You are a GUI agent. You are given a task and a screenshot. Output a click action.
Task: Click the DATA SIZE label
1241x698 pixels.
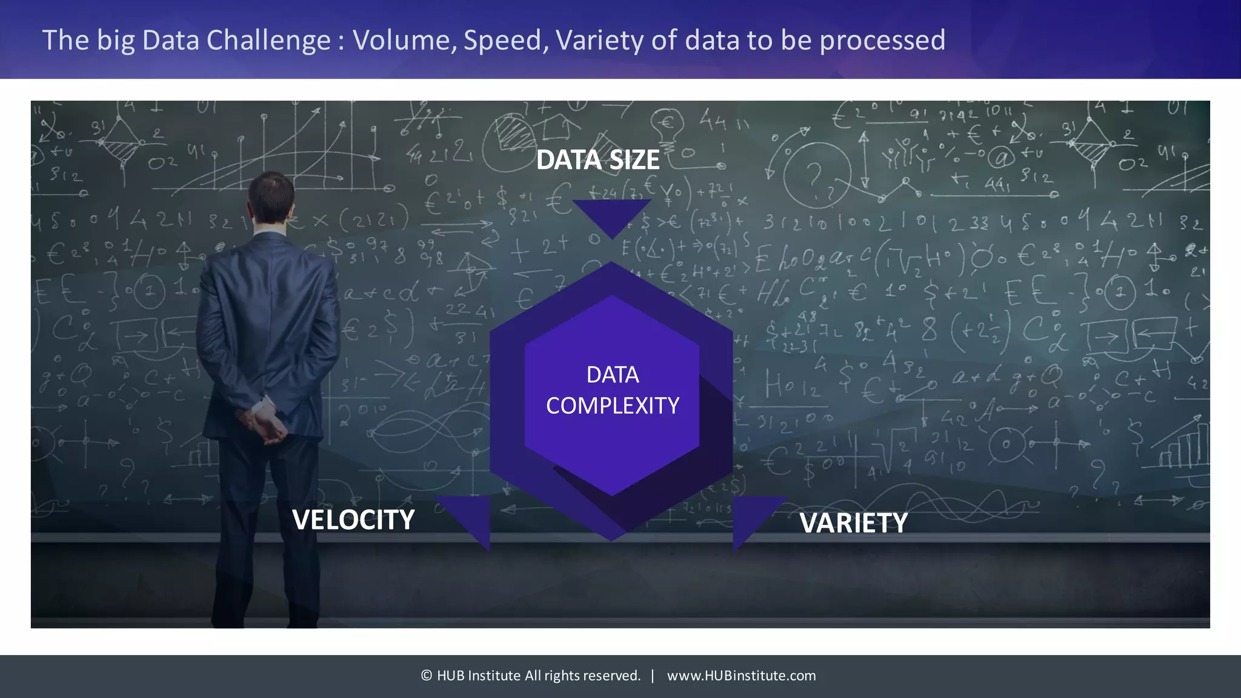(597, 160)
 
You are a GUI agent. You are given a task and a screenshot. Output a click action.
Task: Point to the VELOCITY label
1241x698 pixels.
(353, 520)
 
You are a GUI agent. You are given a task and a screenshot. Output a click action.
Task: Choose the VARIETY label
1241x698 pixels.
(853, 523)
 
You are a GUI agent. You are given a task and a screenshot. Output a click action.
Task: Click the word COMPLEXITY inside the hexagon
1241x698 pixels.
(612, 405)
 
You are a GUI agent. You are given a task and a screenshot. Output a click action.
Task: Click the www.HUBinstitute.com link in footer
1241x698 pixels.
(741, 676)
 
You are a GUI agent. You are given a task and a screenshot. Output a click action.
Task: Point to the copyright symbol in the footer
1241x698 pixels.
(427, 676)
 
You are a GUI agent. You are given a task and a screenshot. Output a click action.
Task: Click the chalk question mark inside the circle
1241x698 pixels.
(816, 176)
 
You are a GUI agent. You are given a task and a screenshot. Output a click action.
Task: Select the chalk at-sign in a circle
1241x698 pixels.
(1001, 158)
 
